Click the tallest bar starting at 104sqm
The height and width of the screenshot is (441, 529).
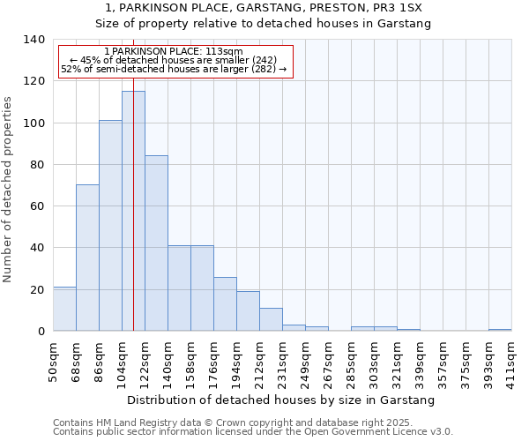tap(133, 211)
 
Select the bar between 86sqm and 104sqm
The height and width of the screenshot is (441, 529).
tap(110, 226)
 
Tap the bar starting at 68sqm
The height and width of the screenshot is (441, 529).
tap(87, 258)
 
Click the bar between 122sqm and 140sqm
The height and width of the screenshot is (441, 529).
tap(156, 243)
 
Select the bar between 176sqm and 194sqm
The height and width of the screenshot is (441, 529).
tap(225, 304)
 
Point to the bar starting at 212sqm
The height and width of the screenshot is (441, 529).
tap(271, 319)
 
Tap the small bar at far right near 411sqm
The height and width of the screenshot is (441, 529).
tap(500, 330)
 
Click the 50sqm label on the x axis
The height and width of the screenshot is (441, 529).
tap(54, 362)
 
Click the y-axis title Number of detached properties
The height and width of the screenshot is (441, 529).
tap(9, 190)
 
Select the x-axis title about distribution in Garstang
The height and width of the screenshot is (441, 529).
tap(282, 400)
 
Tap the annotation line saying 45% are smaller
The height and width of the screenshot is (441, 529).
tap(173, 60)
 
